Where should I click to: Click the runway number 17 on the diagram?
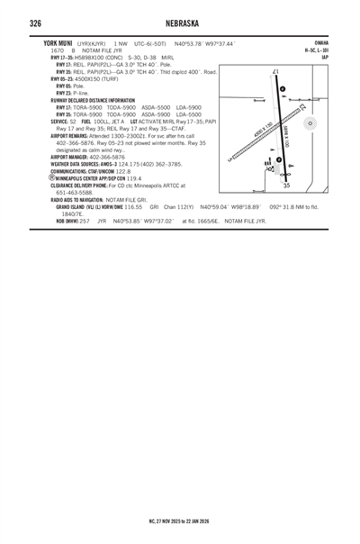point(274,72)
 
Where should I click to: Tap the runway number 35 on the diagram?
point(286,186)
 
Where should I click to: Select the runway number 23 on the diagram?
point(301,106)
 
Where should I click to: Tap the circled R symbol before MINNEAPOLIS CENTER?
point(51,177)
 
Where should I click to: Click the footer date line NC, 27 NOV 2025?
point(179,521)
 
